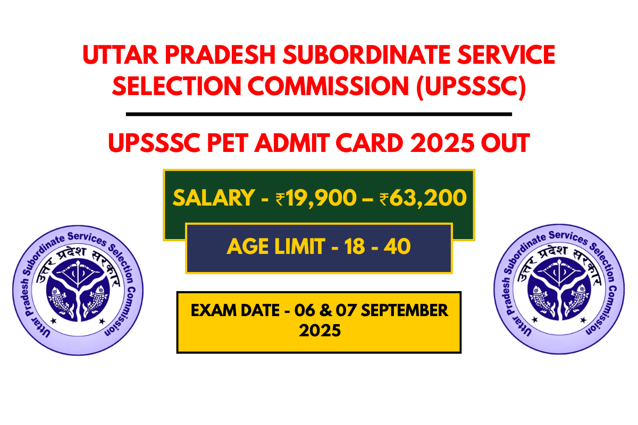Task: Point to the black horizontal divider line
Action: tap(319, 114)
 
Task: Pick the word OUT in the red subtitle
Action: tap(503, 143)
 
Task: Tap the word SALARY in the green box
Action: tap(213, 198)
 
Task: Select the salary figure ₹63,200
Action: tap(423, 198)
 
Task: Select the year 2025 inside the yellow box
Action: tap(319, 331)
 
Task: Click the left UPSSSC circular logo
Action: tap(78, 289)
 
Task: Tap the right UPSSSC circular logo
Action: tap(559, 289)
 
